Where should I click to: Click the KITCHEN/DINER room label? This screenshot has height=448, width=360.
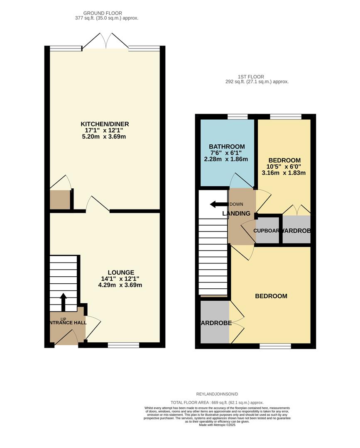click(x=105, y=124)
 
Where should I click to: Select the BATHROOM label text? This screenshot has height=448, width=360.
click(x=227, y=147)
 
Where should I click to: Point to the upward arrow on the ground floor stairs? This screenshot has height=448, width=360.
click(x=63, y=302)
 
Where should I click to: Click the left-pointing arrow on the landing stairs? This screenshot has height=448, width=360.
click(x=218, y=204)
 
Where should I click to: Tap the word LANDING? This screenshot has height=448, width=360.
click(x=236, y=214)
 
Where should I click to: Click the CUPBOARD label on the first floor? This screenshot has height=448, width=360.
click(x=267, y=231)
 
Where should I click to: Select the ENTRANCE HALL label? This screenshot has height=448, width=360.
click(x=67, y=322)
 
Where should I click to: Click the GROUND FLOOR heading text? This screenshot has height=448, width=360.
click(x=103, y=13)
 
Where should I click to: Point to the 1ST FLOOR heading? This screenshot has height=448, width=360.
click(x=251, y=77)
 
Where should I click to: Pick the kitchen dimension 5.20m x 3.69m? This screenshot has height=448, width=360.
click(x=104, y=136)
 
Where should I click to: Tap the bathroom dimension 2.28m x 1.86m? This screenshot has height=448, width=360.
click(x=226, y=159)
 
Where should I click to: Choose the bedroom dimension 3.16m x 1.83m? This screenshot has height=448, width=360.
click(x=284, y=173)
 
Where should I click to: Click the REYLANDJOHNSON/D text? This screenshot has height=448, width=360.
click(x=217, y=394)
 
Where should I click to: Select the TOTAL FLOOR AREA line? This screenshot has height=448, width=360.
click(x=217, y=402)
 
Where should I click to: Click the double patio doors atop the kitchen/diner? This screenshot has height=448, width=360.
click(x=105, y=42)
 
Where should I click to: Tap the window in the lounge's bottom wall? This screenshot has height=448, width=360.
click(x=123, y=345)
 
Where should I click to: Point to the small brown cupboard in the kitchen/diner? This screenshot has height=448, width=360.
click(x=60, y=200)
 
